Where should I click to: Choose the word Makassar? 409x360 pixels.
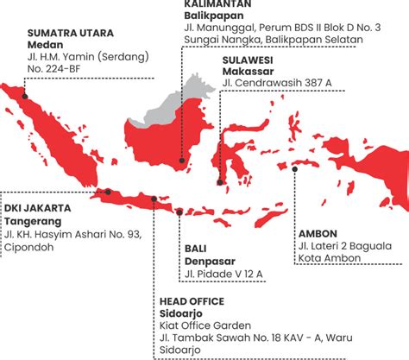tap(246, 70)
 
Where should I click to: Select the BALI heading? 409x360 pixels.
tap(195, 249)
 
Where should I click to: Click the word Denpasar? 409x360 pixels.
tap(209, 262)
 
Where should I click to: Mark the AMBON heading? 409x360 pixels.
tap(318, 234)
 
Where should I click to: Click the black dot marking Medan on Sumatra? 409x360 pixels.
tap(26, 97)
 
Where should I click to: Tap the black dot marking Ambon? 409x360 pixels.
tap(295, 169)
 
